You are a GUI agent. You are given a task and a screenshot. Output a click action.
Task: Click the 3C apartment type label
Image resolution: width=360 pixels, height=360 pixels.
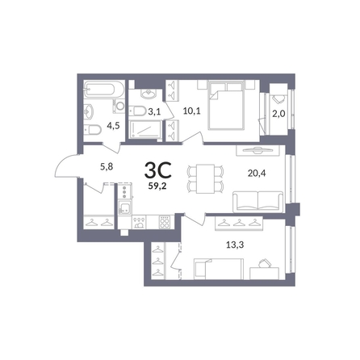click(158, 170)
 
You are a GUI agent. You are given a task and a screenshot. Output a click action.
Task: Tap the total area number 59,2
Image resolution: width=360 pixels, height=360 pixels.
click(157, 186)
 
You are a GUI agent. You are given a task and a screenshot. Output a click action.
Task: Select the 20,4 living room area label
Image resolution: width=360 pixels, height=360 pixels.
click(257, 174)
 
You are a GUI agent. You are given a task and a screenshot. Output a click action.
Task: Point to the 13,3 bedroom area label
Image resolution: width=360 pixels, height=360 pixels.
click(235, 245)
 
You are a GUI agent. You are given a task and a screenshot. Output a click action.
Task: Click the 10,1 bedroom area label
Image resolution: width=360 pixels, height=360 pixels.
click(192, 111)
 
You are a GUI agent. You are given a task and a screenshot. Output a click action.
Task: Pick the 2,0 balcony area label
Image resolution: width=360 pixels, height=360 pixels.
click(278, 114)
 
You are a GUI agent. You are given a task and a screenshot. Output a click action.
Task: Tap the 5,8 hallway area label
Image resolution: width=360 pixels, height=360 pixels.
click(107, 167)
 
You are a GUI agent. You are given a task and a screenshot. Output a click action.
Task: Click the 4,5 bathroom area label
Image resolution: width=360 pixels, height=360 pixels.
click(113, 125)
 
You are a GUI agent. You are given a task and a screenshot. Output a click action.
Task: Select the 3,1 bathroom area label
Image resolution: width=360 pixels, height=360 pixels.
click(154, 111)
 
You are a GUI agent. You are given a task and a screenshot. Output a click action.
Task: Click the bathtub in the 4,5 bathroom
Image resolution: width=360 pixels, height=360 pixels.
click(104, 90)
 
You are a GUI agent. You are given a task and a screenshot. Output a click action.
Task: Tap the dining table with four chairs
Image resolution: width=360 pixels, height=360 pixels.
click(205, 178)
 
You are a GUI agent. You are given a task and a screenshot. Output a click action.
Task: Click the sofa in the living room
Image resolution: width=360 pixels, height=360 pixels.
click(258, 202)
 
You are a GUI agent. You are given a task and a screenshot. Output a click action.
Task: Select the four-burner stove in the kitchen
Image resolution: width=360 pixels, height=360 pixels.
click(165, 222)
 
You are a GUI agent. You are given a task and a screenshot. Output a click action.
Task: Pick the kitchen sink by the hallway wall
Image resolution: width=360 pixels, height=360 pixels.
click(124, 208)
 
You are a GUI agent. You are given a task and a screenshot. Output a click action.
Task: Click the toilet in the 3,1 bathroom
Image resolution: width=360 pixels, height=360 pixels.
click(137, 111)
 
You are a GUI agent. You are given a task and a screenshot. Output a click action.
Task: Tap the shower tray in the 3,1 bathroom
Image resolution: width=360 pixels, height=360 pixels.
click(145, 130)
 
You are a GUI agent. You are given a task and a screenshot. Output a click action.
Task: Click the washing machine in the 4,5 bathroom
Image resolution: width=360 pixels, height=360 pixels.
click(119, 106)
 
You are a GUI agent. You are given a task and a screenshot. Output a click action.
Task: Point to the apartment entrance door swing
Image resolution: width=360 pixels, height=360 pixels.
click(66, 166)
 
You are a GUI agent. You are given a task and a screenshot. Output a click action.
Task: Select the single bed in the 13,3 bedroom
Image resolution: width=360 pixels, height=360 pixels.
click(219, 269)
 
